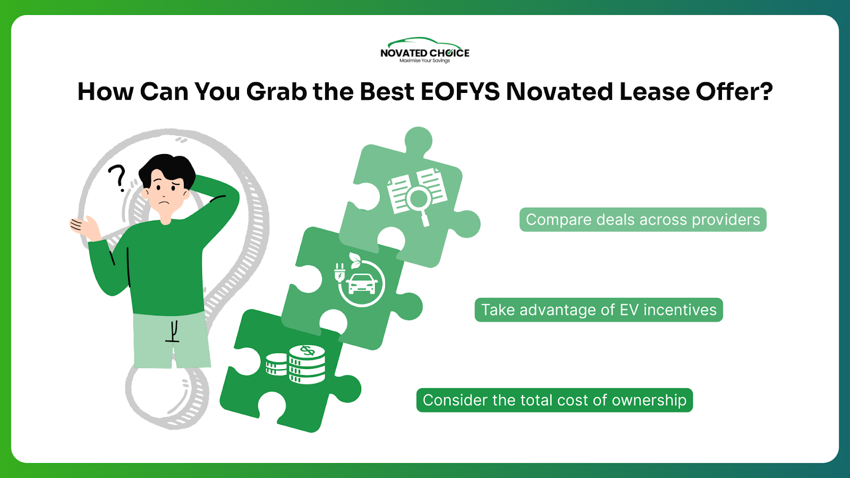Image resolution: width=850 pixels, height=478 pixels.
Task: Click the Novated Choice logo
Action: coord(424,50)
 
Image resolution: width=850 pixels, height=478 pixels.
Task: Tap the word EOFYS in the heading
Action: coord(460,92)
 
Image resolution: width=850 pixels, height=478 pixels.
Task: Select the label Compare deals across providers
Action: coord(643,220)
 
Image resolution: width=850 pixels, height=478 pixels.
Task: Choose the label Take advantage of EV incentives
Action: coord(599,310)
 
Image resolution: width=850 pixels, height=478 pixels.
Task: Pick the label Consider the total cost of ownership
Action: coord(555,400)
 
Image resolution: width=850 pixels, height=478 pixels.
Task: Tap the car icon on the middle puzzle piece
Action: coord(362,284)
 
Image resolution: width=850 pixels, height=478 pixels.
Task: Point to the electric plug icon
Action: coord(339,273)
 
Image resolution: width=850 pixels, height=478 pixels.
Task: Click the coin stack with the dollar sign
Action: coord(307,364)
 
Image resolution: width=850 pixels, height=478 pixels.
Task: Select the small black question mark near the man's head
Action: coord(117,178)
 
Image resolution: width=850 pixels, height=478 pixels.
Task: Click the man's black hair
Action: coord(167,170)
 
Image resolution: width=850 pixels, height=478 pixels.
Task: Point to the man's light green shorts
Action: coord(172,340)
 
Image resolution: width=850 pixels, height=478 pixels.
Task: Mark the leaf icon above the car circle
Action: coord(355,260)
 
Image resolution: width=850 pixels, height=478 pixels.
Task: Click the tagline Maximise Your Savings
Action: coord(424,61)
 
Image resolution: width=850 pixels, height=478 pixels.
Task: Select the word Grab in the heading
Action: coord(276,92)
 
